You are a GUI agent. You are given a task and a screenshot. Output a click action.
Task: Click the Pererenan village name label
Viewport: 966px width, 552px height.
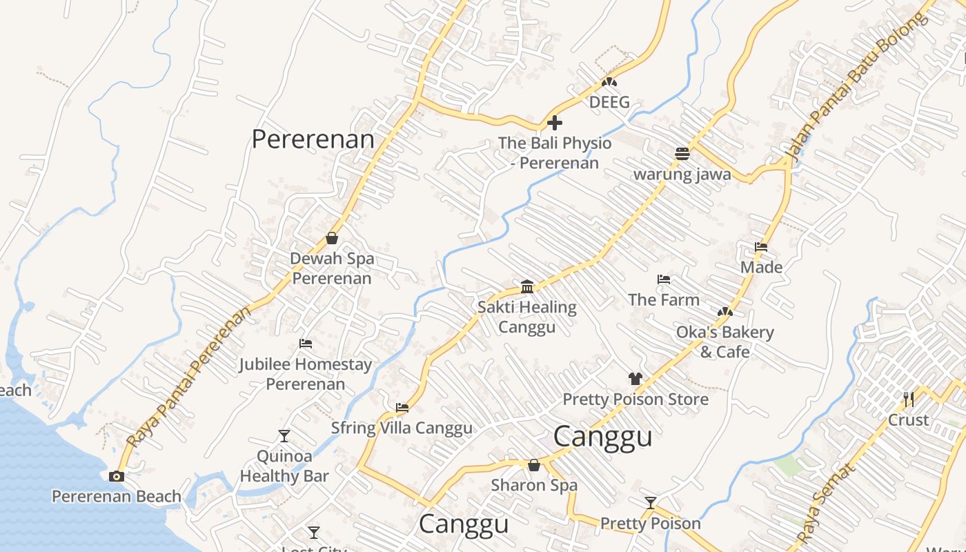click(313, 139)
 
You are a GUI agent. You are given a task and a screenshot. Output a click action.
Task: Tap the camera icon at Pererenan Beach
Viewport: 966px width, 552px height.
click(117, 476)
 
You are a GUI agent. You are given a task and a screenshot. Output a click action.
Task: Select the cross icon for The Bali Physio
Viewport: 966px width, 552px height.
click(554, 124)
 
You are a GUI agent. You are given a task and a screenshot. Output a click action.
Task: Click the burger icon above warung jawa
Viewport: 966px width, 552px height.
click(682, 154)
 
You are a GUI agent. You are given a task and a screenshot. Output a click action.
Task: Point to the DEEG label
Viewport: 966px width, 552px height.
click(609, 102)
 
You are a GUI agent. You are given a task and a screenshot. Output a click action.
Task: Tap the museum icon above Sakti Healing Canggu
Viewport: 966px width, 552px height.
click(527, 286)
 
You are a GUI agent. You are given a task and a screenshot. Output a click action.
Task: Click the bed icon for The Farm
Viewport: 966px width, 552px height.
click(664, 279)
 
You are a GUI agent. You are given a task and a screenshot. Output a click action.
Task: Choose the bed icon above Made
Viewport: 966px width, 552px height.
click(761, 247)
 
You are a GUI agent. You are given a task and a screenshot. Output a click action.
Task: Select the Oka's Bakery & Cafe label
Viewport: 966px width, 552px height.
click(724, 342)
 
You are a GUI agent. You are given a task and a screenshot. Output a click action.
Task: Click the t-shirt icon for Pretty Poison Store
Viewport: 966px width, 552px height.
click(635, 379)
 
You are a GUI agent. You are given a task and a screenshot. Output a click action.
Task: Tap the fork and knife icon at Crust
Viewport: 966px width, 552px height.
click(908, 399)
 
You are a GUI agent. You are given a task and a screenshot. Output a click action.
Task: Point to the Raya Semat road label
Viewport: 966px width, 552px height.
click(826, 503)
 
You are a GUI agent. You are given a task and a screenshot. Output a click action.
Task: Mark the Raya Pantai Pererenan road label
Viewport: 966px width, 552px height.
click(190, 376)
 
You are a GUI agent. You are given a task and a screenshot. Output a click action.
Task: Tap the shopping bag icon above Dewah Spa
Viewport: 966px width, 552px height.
click(332, 238)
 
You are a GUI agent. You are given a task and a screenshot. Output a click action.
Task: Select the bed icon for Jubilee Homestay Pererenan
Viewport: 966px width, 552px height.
click(306, 344)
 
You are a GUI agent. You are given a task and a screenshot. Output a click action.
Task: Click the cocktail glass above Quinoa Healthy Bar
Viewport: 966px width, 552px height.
click(284, 435)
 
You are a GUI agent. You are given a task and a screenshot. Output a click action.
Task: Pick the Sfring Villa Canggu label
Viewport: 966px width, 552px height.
click(402, 428)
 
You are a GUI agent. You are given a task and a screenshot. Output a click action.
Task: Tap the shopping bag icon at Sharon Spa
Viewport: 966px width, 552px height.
click(533, 465)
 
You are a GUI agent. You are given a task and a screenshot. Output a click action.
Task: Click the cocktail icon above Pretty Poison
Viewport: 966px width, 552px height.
click(650, 502)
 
